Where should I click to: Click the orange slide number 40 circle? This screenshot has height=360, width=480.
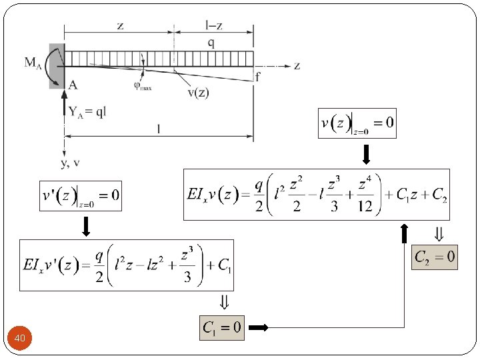pyautogui.click(x=20, y=339)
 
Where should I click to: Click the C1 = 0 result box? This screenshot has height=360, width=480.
pyautogui.click(x=222, y=327)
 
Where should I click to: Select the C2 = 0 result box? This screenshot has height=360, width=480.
pyautogui.click(x=435, y=256)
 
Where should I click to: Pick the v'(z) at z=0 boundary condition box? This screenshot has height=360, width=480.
pyautogui.click(x=81, y=195)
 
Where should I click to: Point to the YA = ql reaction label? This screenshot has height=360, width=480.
pyautogui.click(x=87, y=111)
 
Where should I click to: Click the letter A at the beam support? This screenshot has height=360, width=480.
pyautogui.click(x=73, y=84)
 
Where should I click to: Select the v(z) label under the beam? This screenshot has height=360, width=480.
pyautogui.click(x=197, y=92)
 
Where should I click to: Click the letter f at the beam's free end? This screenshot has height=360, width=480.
pyautogui.click(x=257, y=77)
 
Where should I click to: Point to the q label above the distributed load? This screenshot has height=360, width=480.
pyautogui.click(x=211, y=42)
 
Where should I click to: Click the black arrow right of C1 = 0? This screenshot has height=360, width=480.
pyautogui.click(x=258, y=328)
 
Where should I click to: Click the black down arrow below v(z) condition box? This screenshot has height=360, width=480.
pyautogui.click(x=365, y=155)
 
